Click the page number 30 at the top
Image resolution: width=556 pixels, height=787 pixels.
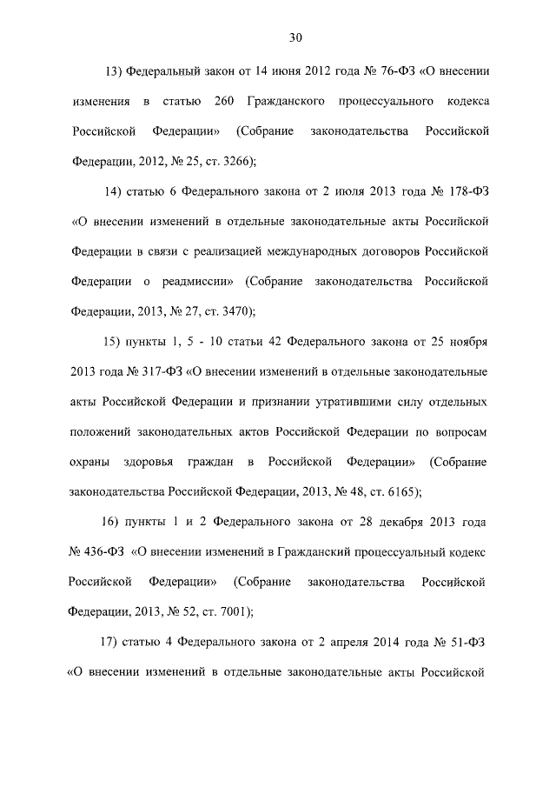[x=295, y=37]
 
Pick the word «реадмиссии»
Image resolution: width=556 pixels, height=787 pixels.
[x=197, y=282]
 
